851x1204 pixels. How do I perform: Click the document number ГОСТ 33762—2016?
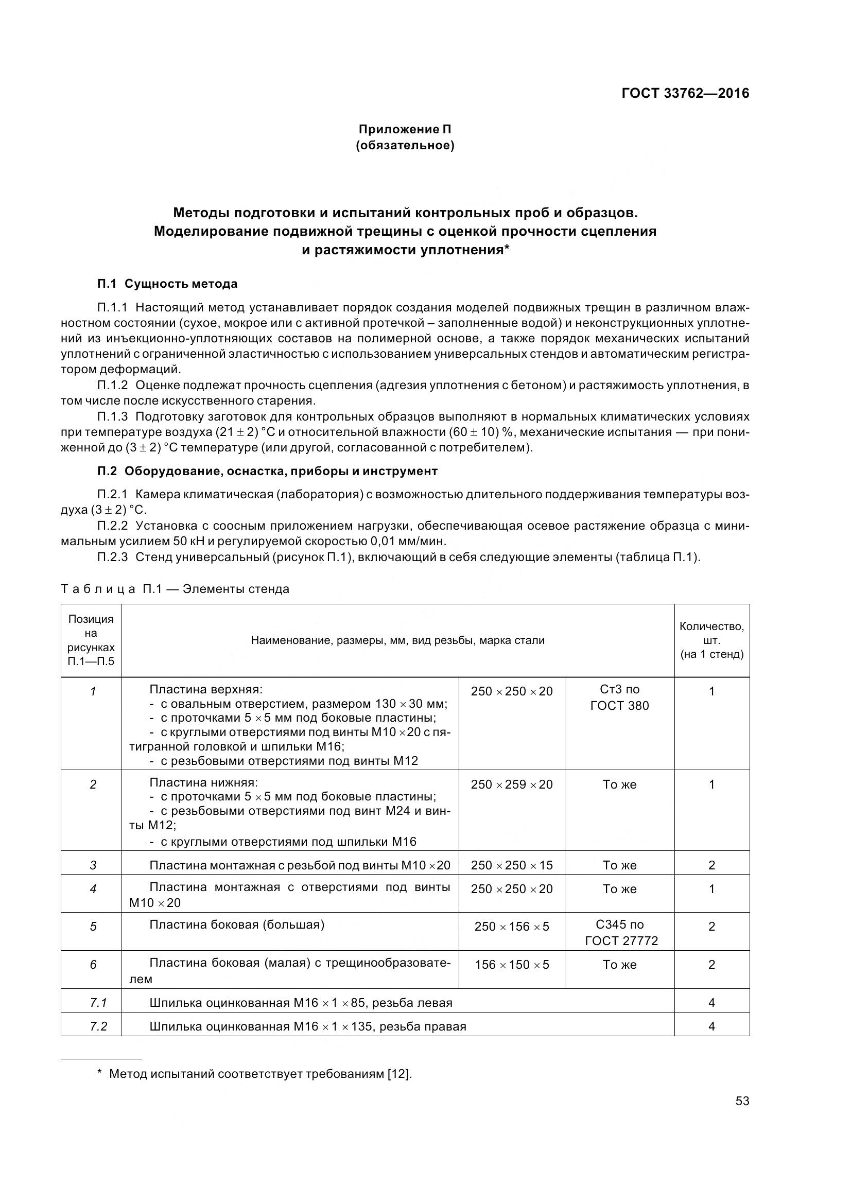pyautogui.click(x=685, y=93)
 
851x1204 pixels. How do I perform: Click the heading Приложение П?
pyautogui.click(x=405, y=129)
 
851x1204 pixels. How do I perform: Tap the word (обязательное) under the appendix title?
pyautogui.click(x=405, y=145)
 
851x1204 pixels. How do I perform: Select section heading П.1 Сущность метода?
pyautogui.click(x=167, y=284)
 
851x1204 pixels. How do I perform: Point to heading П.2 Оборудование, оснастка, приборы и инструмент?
pyautogui.click(x=267, y=471)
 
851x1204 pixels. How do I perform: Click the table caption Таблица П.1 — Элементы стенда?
pyautogui.click(x=175, y=589)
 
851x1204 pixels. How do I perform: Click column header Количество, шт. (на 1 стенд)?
pyautogui.click(x=711, y=640)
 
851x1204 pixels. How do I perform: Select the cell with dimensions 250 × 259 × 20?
pyautogui.click(x=511, y=784)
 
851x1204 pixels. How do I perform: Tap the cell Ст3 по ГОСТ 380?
pyautogui.click(x=619, y=698)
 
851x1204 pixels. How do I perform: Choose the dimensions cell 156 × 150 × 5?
pyautogui.click(x=511, y=964)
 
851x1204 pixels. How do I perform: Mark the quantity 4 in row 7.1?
pyautogui.click(x=711, y=1003)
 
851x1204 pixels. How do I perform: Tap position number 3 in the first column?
pyautogui.click(x=93, y=865)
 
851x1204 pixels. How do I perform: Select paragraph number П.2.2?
pyautogui.click(x=112, y=526)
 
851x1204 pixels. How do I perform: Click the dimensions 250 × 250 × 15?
pyautogui.click(x=511, y=865)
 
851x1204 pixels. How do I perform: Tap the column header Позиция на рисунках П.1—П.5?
pyautogui.click(x=91, y=640)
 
